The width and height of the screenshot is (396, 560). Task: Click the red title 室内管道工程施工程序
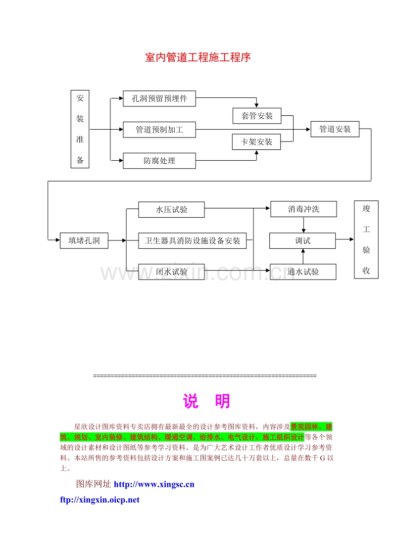tap(198, 57)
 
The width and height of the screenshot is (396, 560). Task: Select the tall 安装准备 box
tap(80, 129)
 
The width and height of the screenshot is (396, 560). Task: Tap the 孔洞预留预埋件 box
tap(159, 98)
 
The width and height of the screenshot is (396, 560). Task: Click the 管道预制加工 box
tap(159, 130)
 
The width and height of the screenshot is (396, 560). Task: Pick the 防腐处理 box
tap(159, 161)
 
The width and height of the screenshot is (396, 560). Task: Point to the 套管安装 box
tap(257, 116)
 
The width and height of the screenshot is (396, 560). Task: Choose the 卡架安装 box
tap(256, 142)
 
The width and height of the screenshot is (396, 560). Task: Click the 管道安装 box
tap(335, 129)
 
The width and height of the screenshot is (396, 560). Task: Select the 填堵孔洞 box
tap(84, 240)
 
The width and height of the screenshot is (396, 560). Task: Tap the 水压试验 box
tap(172, 210)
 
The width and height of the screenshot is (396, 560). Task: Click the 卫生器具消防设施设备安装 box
tap(192, 241)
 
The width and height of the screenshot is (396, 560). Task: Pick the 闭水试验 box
tap(172, 272)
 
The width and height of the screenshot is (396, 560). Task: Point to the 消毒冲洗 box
tap(303, 209)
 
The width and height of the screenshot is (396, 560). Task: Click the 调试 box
tap(302, 241)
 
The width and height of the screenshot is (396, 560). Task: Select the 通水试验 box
tap(303, 272)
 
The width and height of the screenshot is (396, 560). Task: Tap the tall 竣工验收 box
tap(366, 239)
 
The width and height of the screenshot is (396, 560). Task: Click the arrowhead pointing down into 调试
tap(303, 231)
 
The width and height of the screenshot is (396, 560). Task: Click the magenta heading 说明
tap(206, 401)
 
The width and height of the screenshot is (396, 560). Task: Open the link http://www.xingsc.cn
tap(154, 484)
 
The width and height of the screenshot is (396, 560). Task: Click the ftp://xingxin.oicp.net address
tap(99, 500)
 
